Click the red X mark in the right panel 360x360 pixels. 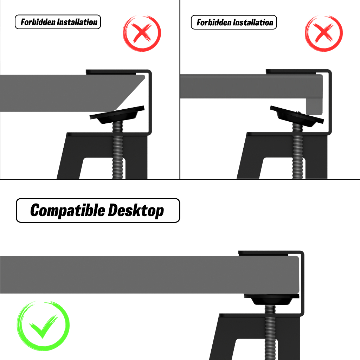coord(324,33)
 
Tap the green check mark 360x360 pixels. coord(43,326)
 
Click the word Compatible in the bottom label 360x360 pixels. coord(67,210)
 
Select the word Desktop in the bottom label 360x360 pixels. coord(136,210)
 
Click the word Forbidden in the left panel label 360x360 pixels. coord(38,22)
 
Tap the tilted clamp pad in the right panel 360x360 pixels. coord(297,116)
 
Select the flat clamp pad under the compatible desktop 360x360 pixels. coord(272,300)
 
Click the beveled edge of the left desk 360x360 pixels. coord(131,93)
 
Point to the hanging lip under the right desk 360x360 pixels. coord(314,107)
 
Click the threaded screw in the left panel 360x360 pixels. coord(117,150)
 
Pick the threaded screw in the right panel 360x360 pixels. coord(297,152)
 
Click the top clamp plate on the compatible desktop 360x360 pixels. coord(263,253)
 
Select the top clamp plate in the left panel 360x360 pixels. coord(111,72)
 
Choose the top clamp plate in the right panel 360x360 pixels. coord(291,72)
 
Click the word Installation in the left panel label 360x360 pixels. coord(77,22)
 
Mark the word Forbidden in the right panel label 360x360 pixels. coord(214,22)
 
